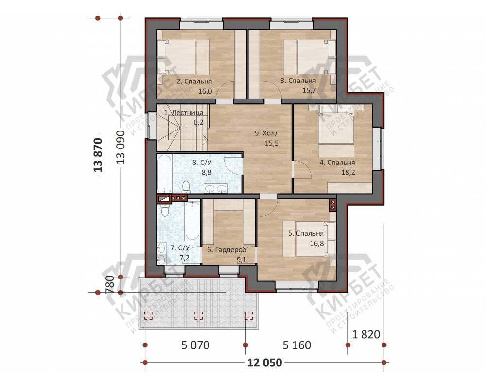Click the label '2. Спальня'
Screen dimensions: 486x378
[194, 82]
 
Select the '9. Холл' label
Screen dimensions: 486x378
[266, 133]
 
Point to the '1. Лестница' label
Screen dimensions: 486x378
[184, 113]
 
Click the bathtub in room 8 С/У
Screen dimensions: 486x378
[164, 173]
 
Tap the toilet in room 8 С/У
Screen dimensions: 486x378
[186, 187]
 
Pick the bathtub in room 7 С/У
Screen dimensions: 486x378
[192, 220]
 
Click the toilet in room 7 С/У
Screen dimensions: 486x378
[165, 210]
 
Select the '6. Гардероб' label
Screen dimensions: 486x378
[226, 250]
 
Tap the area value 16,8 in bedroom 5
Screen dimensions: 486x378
[317, 243]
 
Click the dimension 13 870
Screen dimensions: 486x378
[98, 155]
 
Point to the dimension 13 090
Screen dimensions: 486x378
[121, 147]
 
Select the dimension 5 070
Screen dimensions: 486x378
[195, 345]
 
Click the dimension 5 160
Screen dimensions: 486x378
[296, 345]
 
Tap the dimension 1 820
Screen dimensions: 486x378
[366, 334]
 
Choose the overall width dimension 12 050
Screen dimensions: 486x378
[265, 362]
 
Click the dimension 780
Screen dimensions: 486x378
[110, 284]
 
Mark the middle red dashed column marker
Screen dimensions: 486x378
[198, 315]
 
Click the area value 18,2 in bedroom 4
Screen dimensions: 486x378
[348, 172]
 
